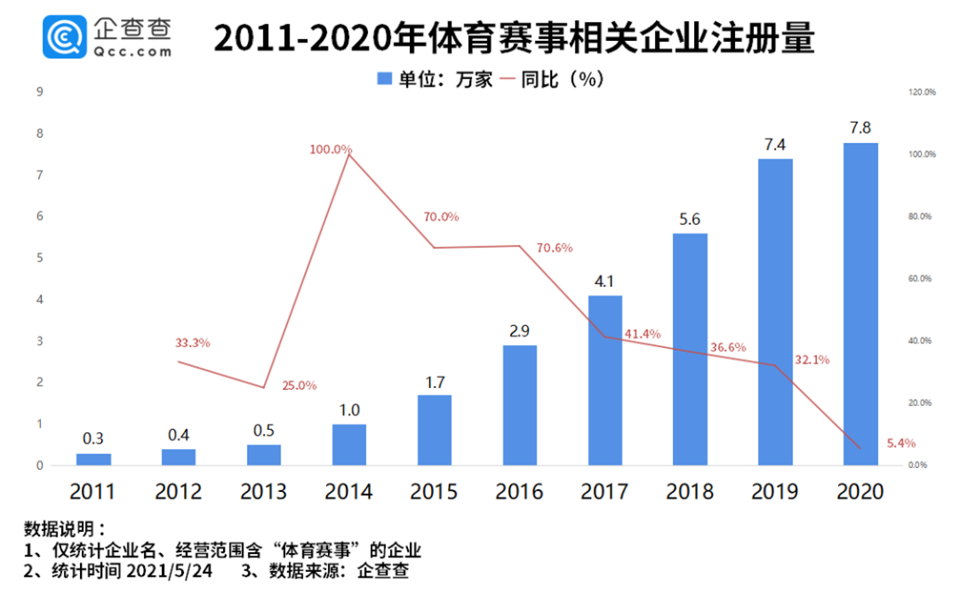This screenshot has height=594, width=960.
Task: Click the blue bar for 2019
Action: coord(774,311)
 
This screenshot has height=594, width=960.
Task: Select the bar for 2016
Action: coord(519,405)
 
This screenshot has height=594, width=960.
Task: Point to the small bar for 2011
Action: coord(93,459)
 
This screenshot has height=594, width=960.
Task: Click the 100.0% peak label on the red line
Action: coord(331,149)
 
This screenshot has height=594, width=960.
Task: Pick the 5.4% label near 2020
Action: coord(900,443)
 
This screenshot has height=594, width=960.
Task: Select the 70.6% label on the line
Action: coord(556,248)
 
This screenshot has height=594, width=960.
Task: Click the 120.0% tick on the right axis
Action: coord(922,92)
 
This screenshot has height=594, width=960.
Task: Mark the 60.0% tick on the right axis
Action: coord(922,279)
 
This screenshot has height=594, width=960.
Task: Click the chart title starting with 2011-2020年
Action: coord(515,38)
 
